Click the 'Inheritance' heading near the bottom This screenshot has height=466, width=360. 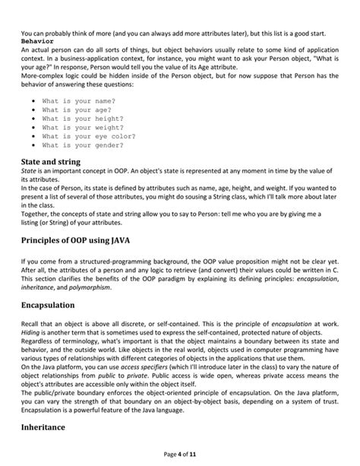pyautogui.click(x=43, y=427)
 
